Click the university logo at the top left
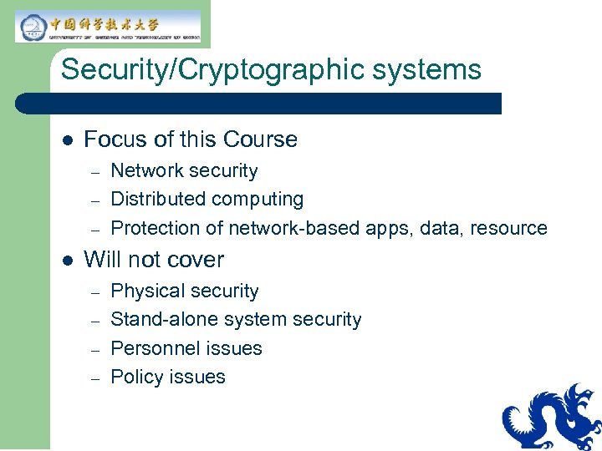[x=108, y=26]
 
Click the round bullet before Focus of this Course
[x=69, y=139]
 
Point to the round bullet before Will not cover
[x=69, y=260]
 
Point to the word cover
[x=196, y=260]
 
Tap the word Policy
[x=134, y=378]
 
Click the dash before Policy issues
[x=95, y=378]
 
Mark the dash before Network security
[x=95, y=171]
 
